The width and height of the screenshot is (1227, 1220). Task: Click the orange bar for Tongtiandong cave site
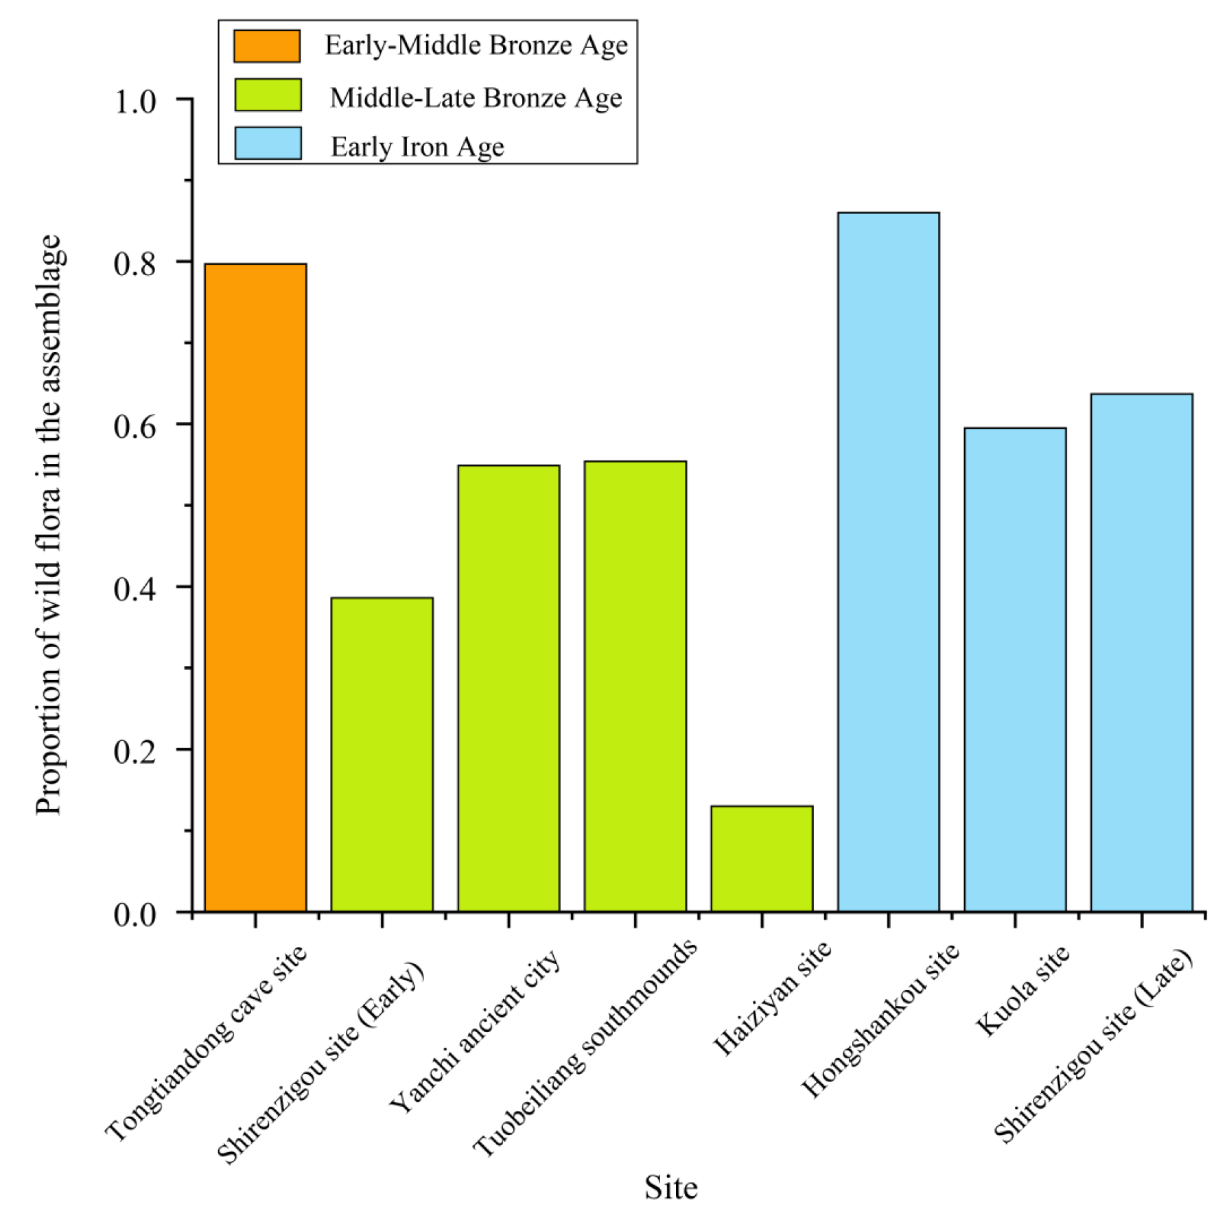(x=255, y=587)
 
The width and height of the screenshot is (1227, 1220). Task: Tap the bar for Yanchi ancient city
(x=509, y=688)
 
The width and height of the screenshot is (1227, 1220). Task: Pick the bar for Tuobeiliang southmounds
(x=635, y=685)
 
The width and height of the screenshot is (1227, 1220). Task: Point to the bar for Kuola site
(x=1015, y=669)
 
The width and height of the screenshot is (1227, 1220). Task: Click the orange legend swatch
(x=267, y=46)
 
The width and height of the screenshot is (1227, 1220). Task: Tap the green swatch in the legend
(x=268, y=95)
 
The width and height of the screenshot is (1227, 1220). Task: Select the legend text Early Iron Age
(x=417, y=147)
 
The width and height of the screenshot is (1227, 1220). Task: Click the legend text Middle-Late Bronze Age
(x=476, y=97)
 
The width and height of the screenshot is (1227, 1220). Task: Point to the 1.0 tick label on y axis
(x=135, y=102)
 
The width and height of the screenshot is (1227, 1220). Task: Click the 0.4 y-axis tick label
(x=135, y=589)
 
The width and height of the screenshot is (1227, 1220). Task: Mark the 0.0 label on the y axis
(x=135, y=915)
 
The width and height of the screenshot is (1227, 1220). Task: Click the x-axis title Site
(x=670, y=1187)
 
